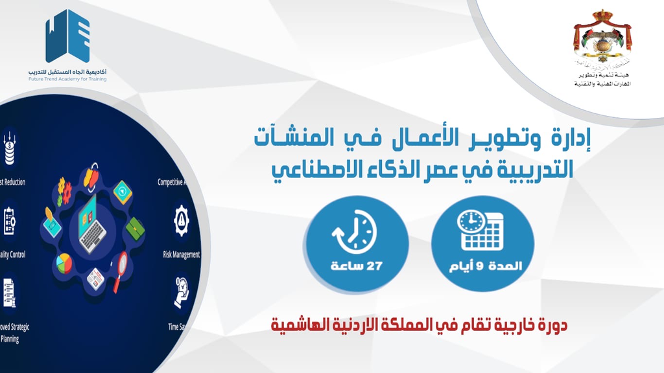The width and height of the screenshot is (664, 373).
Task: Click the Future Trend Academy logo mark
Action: point(67,36)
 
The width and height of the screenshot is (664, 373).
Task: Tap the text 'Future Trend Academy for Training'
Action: point(67,79)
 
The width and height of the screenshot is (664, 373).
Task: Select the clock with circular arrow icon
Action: point(353,232)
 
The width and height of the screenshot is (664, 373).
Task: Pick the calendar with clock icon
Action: point(481,230)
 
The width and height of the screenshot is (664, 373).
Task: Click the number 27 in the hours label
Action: point(374,266)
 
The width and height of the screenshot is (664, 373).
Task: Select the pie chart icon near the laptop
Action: point(64,263)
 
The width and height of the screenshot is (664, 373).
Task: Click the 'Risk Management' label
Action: point(181,254)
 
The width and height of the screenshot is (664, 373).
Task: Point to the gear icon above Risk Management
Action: point(182,221)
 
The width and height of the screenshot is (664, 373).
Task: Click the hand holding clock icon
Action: point(181,291)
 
